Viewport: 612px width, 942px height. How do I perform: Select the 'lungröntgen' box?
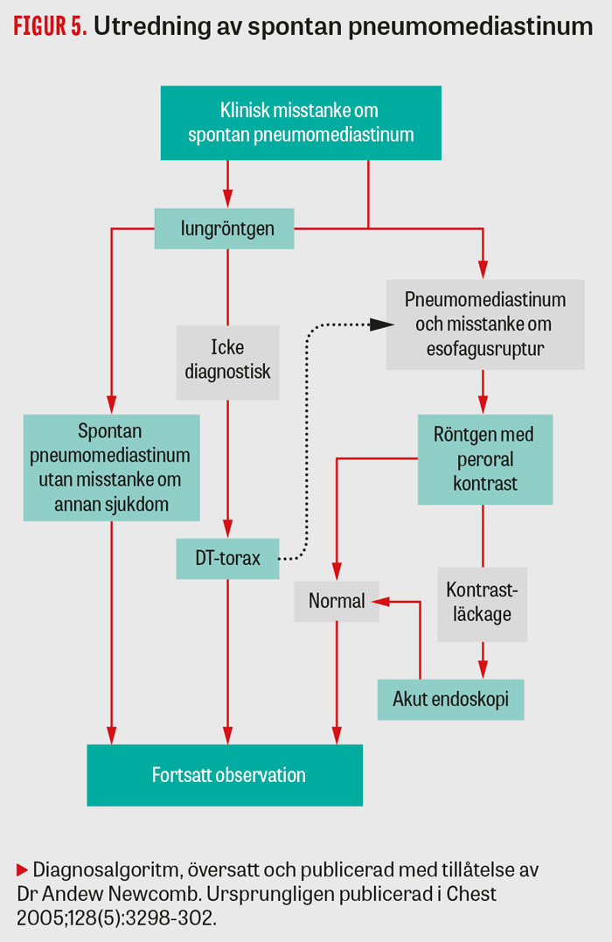tap(227, 228)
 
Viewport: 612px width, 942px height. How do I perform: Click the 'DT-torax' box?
tap(227, 557)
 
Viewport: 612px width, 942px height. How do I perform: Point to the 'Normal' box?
tap(337, 602)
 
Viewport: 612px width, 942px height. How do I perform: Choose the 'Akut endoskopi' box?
tap(450, 700)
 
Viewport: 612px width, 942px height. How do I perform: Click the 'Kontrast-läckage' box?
tap(483, 603)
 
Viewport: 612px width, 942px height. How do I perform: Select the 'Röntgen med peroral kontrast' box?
tap(485, 459)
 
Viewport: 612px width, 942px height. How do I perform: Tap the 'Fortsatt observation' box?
tap(225, 775)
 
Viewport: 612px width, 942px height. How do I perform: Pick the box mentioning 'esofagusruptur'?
tap(485, 324)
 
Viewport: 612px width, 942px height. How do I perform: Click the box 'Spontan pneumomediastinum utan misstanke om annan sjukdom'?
tap(112, 468)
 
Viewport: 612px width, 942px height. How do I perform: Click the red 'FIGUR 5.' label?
tap(50, 26)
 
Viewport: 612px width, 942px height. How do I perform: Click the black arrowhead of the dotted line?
tap(379, 324)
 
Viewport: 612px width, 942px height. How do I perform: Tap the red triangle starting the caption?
tap(23, 869)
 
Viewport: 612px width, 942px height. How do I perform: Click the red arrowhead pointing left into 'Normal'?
tap(378, 602)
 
